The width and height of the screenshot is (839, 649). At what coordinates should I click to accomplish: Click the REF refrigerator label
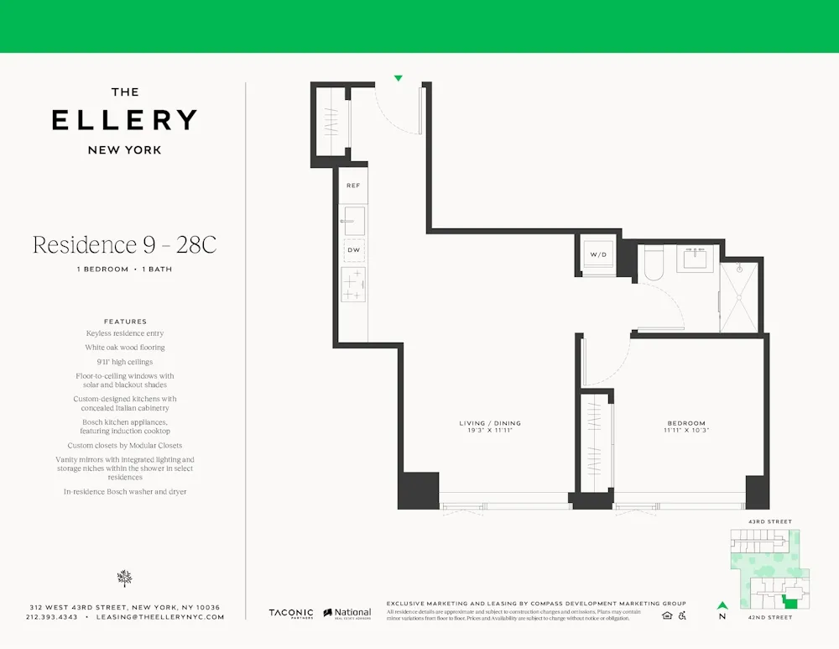353,186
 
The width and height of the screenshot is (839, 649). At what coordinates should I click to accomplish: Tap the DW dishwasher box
353,249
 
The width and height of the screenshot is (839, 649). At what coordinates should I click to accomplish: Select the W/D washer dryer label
598,254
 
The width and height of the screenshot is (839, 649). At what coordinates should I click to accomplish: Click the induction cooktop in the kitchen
353,285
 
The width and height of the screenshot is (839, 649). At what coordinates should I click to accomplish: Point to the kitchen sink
353,221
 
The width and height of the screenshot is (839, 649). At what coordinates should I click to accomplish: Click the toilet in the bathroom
654,263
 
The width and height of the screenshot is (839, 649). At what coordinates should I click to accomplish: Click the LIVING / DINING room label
490,423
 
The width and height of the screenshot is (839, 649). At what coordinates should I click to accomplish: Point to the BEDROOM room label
686,423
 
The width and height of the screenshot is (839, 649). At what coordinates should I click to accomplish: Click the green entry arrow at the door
399,78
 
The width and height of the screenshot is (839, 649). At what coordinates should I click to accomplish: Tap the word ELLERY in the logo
124,120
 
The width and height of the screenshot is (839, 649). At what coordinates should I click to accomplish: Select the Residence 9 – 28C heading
124,245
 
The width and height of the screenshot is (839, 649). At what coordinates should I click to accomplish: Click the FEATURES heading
125,322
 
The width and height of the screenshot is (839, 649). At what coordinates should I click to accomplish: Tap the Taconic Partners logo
290,614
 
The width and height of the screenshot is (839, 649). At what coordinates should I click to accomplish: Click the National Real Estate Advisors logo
347,614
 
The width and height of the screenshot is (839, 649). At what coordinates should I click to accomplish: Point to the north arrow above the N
722,605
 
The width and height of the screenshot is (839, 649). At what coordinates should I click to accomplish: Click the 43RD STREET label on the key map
769,522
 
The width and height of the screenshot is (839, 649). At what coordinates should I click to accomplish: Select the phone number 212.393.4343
52,617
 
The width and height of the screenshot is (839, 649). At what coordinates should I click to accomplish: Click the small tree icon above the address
125,578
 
